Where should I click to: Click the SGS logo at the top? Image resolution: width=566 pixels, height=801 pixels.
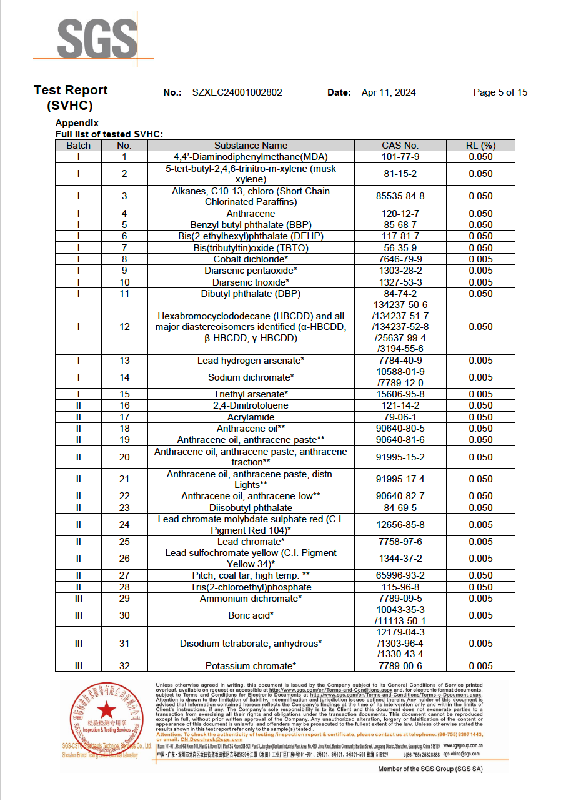coord(97,39)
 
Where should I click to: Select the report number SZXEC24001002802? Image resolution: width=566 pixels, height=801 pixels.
coord(237,92)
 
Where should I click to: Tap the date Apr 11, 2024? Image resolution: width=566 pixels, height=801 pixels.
coord(388,92)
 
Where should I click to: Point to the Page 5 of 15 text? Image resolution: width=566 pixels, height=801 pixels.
coord(500,92)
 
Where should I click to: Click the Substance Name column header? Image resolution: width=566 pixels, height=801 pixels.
coord(251,146)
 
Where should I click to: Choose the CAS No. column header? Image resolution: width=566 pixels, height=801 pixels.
coord(400,146)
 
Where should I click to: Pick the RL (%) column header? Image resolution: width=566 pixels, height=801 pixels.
coord(480,146)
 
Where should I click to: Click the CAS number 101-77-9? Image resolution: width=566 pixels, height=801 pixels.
coord(400,157)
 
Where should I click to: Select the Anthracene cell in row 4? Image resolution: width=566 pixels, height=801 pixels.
coord(251,214)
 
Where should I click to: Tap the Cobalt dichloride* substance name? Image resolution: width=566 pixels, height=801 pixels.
coord(251,259)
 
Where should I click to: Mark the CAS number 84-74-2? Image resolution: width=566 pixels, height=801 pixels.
coord(400,293)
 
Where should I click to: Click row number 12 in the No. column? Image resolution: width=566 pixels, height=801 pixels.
coord(124,327)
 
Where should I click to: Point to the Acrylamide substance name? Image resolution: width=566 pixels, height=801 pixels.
coord(251,417)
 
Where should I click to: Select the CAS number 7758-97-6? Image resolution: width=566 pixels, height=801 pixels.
coord(400,542)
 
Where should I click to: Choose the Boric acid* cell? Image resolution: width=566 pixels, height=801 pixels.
coord(251,615)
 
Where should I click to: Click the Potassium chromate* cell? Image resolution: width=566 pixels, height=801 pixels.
coord(251,666)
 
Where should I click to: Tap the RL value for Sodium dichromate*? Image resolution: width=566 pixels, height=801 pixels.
coord(480,377)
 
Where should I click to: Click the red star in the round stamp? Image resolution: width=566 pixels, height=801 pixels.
coord(106,709)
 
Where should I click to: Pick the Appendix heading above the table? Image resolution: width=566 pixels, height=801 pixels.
coord(77,123)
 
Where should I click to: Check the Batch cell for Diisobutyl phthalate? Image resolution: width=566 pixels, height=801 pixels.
coord(78,508)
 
